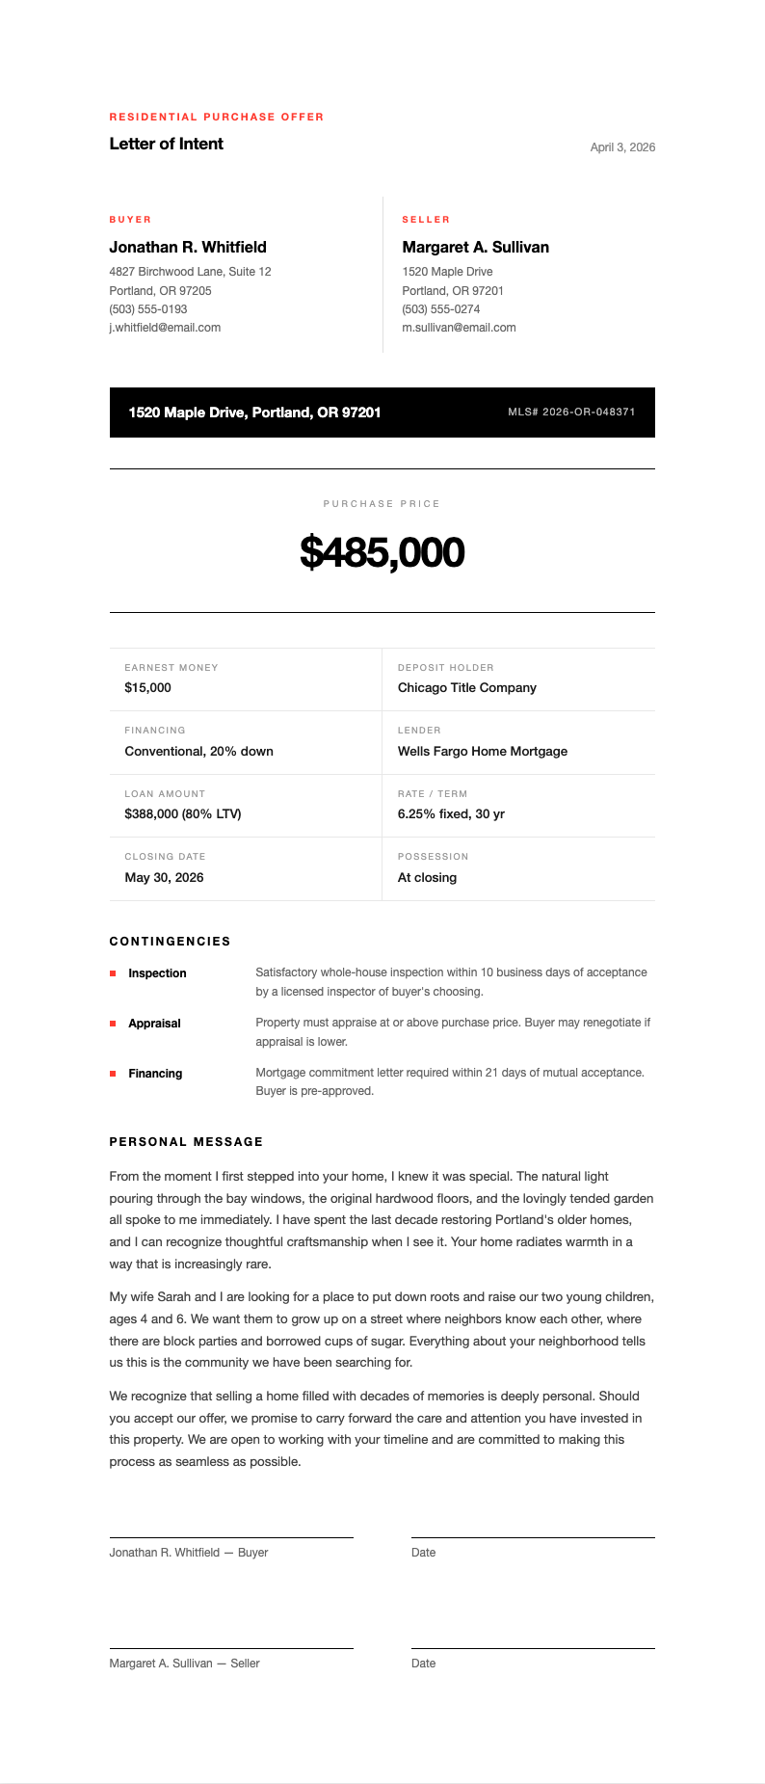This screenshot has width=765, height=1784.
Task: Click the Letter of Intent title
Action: point(166,144)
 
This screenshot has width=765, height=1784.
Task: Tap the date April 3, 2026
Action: point(622,147)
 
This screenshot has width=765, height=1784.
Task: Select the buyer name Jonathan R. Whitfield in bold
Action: point(188,247)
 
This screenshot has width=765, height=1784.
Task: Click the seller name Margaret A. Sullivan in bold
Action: point(475,247)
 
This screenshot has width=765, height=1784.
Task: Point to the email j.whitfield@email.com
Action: point(165,328)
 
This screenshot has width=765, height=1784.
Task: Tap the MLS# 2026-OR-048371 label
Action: point(571,412)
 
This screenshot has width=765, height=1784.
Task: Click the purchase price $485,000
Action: point(382,552)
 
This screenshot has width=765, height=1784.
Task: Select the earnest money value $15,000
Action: point(147,688)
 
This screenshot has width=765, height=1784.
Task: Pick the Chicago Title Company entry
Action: point(466,688)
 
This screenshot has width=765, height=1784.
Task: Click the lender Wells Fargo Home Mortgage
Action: point(482,751)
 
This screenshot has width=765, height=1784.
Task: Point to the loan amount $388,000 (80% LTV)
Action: point(182,814)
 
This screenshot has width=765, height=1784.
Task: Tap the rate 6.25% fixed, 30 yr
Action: point(451,814)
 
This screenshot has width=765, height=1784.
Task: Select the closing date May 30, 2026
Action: point(164,877)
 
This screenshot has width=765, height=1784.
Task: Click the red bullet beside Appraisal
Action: point(113,1024)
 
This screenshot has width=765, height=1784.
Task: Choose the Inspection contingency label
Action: point(157,973)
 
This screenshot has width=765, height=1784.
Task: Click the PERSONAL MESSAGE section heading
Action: point(186,1142)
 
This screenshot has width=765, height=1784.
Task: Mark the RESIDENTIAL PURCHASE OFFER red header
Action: point(216,117)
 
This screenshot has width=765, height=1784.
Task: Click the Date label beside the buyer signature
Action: point(423,1553)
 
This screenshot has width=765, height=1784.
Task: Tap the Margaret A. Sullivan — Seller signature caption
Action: point(184,1664)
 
